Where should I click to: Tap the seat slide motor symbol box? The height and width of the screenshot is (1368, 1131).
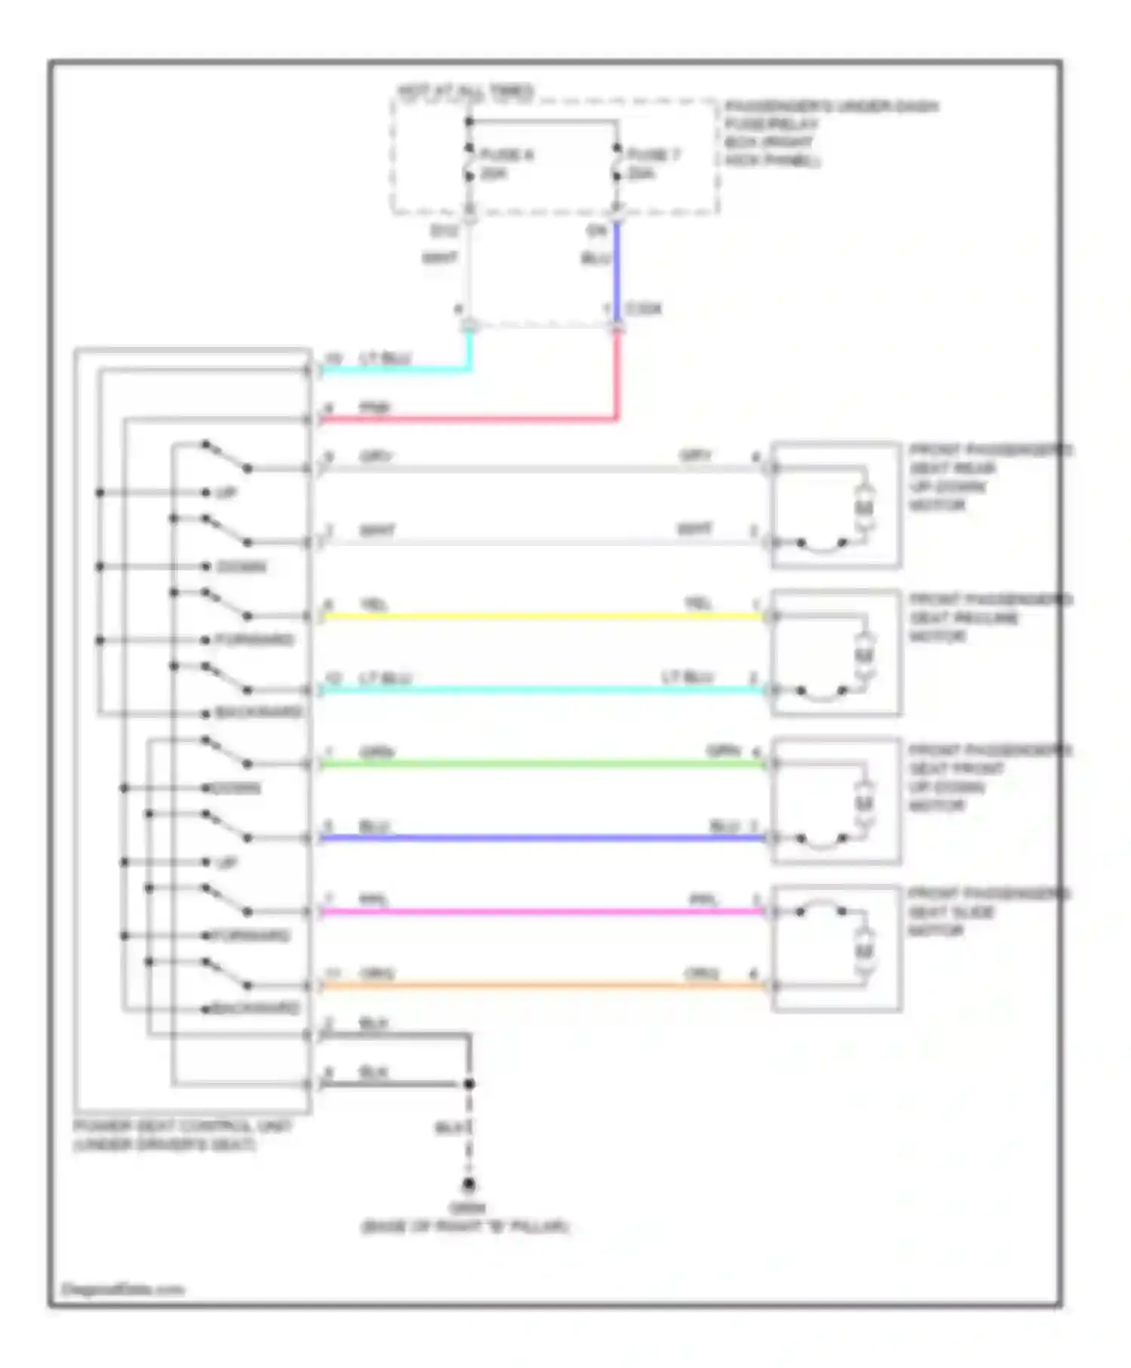pos(835,948)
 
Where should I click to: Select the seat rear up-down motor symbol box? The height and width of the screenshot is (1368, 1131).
pos(835,505)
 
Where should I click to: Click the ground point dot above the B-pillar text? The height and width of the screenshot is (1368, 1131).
pos(469,1184)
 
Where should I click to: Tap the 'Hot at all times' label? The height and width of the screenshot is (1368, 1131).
pos(465,91)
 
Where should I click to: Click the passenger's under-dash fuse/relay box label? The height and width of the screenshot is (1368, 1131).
pos(829,133)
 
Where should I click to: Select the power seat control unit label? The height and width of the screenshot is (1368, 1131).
pos(181,1135)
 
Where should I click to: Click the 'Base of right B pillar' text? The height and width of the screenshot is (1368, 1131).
pos(465,1227)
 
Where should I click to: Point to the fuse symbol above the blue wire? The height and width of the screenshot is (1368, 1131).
pos(617,164)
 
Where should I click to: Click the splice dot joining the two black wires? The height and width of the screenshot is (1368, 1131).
pos(469,1084)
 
